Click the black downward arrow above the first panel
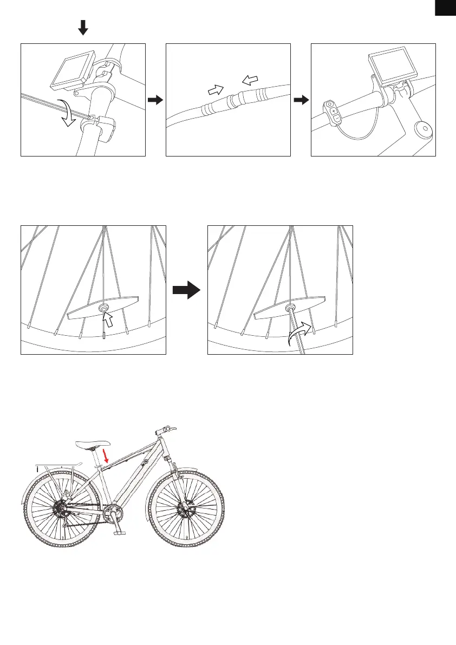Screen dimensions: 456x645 coord(83,28)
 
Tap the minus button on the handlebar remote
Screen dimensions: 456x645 coord(336,118)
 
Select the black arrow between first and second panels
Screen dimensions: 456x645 coord(155,100)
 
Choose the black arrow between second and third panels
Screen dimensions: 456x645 coord(301,100)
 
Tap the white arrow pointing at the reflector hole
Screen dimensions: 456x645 coord(108,322)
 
